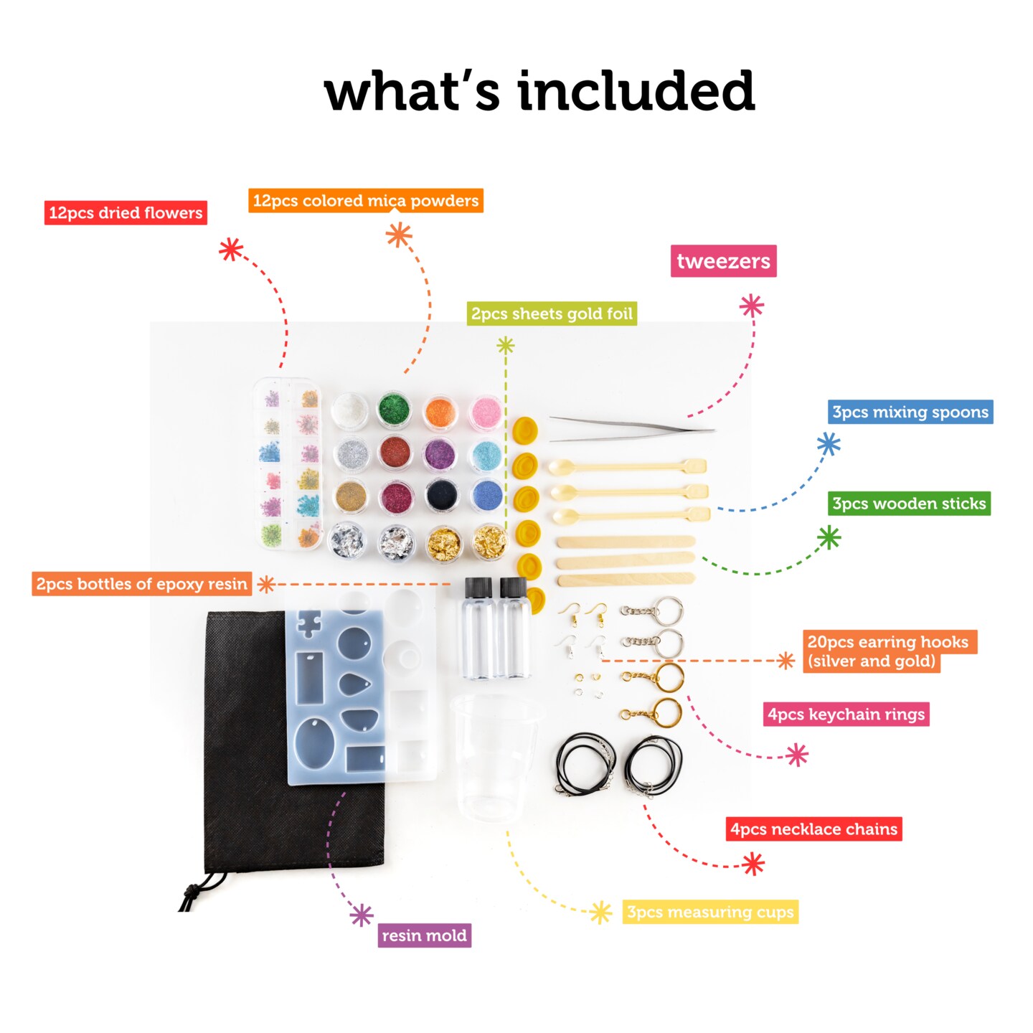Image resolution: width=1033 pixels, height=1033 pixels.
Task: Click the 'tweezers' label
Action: pyautogui.click(x=723, y=261)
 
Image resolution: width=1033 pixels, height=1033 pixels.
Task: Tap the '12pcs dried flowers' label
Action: pyautogui.click(x=126, y=213)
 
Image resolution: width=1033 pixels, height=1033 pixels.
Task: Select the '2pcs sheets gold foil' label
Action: pyautogui.click(x=552, y=313)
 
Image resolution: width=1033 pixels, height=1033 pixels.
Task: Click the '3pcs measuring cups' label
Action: pyautogui.click(x=710, y=912)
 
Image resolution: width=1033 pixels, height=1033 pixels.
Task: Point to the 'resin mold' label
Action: pyautogui.click(x=424, y=935)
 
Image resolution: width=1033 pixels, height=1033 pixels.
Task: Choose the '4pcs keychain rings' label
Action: pyautogui.click(x=846, y=714)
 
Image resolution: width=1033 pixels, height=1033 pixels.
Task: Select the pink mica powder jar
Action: pyautogui.click(x=486, y=412)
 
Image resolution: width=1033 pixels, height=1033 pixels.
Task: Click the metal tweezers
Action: pyautogui.click(x=631, y=428)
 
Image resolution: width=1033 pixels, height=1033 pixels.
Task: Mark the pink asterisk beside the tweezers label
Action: pyautogui.click(x=751, y=306)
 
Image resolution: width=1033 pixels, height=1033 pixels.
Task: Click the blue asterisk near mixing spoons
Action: pyautogui.click(x=829, y=444)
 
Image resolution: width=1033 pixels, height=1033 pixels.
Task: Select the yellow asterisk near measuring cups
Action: pyautogui.click(x=600, y=912)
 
